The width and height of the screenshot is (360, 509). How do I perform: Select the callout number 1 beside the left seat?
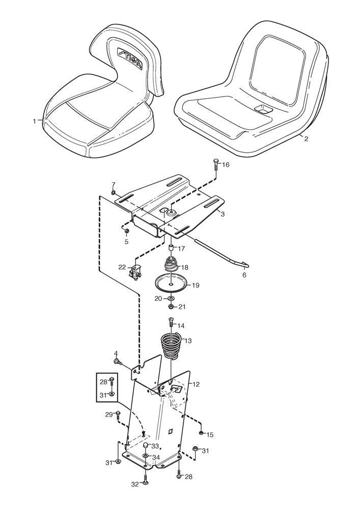pos(35,121)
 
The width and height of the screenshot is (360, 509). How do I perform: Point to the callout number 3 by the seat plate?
pos(223,215)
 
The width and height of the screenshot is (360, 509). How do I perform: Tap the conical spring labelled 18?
pos(171,266)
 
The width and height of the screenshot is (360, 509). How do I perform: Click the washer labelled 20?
pos(172,298)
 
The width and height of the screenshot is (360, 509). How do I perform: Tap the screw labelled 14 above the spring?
pos(171,323)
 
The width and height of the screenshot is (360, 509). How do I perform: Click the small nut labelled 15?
pos(202,434)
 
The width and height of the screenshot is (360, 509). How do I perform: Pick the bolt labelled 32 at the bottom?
pos(145,478)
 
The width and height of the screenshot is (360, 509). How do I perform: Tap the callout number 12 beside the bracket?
pos(196,383)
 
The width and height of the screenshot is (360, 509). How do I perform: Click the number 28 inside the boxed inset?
pos(103,382)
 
